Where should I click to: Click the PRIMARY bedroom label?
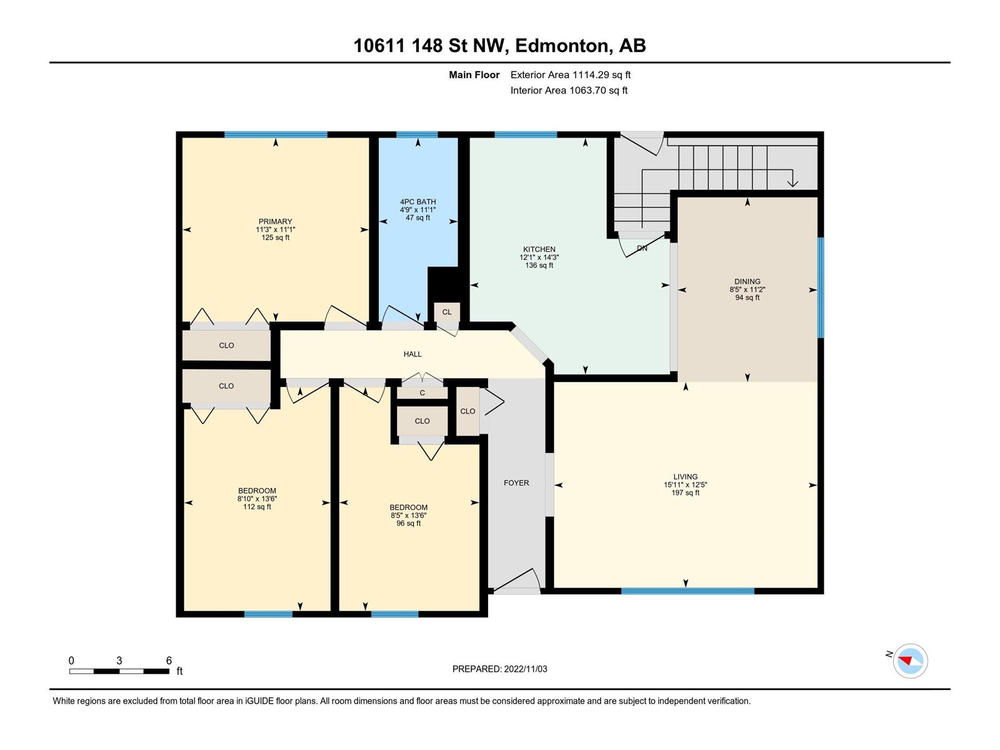[275, 222]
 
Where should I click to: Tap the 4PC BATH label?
[417, 202]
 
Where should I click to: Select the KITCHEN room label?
[539, 249]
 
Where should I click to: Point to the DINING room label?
[747, 281]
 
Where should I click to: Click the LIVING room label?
[685, 477]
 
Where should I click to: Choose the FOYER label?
[516, 482]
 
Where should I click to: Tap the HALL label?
[412, 354]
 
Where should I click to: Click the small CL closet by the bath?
[447, 312]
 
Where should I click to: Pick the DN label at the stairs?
[642, 248]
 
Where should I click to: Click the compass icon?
[910, 661]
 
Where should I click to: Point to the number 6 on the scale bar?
[169, 660]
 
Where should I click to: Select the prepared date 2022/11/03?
[525, 669]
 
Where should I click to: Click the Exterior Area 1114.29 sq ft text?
[571, 74]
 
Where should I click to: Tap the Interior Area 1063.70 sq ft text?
[569, 90]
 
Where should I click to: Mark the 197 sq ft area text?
[685, 492]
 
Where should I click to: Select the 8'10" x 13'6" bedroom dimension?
[257, 499]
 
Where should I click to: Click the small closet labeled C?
[422, 392]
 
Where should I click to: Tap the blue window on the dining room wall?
[821, 287]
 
